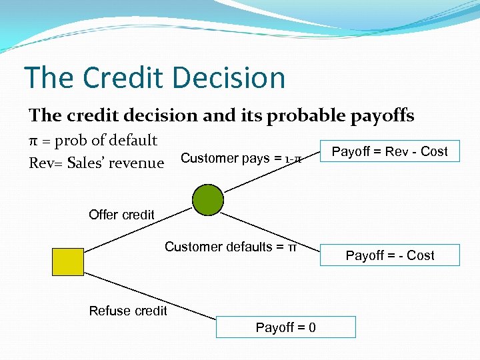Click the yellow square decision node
(68, 261)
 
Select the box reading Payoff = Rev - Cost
(389, 151)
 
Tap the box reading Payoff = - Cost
(389, 255)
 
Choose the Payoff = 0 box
(286, 327)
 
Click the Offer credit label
(121, 215)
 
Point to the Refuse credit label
(128, 311)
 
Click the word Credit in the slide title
(129, 77)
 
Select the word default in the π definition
(133, 140)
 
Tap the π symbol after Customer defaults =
(292, 247)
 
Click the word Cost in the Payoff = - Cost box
(420, 255)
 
